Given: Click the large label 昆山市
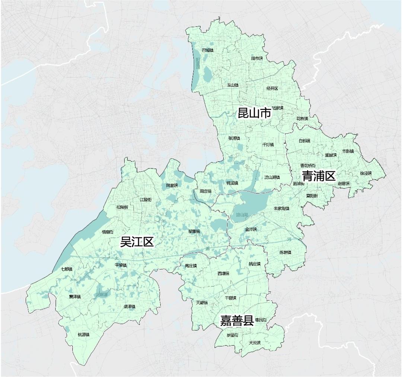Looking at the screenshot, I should pos(254,113).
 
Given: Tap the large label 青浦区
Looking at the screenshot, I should pos(319,176).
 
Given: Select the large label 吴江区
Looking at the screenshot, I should pos(137,242).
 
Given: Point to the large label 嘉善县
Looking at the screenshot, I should pos(237,320).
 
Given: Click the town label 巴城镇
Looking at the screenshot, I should pos(207,50).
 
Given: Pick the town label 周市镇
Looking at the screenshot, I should pos(257,58).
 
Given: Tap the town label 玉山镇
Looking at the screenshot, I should pos(233,85).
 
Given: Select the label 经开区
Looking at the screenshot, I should pos(272,88).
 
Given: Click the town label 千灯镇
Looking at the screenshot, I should pos(268,144).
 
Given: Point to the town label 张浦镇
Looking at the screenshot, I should pos(234,138).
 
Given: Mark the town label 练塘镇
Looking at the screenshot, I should pos(285,252).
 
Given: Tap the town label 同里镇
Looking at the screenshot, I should pos(172,185).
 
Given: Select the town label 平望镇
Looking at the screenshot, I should pos(121,265).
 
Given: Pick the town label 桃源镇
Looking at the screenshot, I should pos(83,334).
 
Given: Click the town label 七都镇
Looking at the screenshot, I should pos(67,269).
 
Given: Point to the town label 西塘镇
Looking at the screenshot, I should pos(223,274).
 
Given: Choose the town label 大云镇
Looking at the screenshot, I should pos(255,342).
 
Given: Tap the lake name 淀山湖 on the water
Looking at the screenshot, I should pos(242,215).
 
